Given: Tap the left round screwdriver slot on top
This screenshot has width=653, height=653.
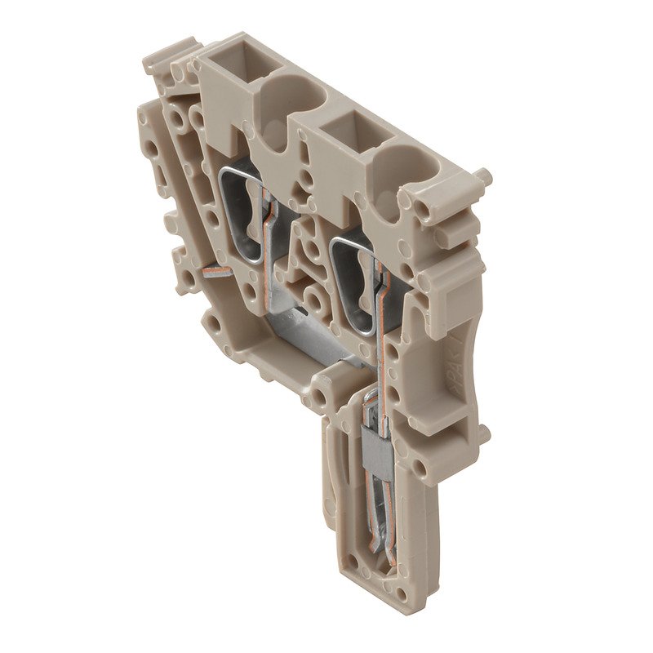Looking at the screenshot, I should (287, 94).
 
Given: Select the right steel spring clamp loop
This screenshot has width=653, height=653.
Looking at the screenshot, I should (354, 278).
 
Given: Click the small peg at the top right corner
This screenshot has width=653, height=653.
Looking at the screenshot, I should (483, 176).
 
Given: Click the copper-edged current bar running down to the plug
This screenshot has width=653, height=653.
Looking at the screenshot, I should (380, 351).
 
